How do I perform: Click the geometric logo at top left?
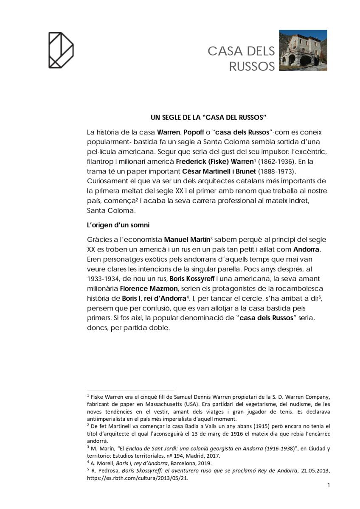coord(61,50)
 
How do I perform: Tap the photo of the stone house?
coord(303,50)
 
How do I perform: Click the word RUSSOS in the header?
coord(252,67)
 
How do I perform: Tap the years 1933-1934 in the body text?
coord(104,279)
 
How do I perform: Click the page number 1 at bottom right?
coord(329,485)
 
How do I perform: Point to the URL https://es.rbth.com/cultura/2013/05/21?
coord(137,478)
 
